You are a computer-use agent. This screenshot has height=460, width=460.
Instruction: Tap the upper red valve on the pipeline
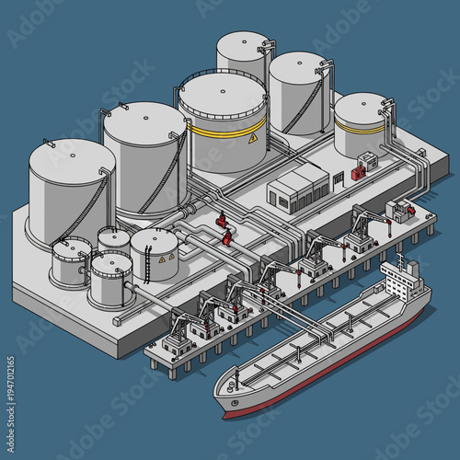[221, 222]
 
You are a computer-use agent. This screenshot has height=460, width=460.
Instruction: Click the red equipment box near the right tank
[371, 162]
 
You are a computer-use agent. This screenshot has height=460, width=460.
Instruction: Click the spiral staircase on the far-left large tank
[96, 207]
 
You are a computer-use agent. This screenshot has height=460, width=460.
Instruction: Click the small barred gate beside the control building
[343, 174]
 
